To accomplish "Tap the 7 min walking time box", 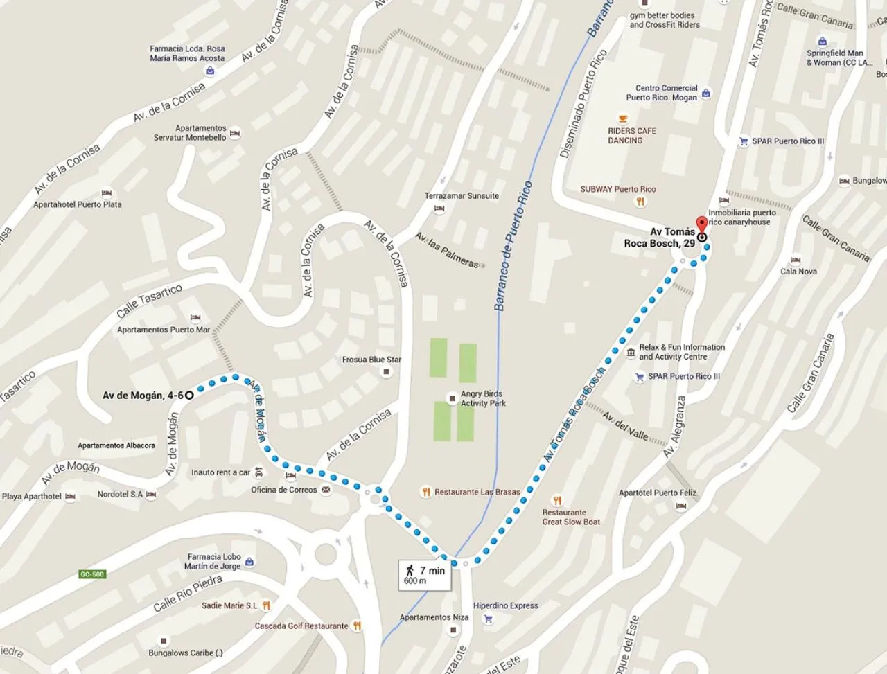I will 425,575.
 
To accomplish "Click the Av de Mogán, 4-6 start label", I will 143,396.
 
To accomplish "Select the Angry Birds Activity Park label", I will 483,398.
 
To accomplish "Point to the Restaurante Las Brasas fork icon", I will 426,492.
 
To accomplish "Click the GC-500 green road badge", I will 91,574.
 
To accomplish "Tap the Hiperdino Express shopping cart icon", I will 488,619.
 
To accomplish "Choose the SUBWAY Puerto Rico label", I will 617,189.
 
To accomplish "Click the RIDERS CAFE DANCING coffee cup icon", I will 622,118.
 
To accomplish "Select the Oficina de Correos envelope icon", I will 326,490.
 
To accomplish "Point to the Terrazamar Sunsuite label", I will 462,196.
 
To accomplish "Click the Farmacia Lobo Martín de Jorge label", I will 213,561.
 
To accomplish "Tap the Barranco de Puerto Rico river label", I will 513,246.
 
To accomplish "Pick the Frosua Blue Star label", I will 371,360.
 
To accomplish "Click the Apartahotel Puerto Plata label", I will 78,204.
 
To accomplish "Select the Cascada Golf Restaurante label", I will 301,626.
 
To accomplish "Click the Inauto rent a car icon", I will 258,472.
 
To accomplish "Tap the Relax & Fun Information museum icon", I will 631,353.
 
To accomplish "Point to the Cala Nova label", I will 798,272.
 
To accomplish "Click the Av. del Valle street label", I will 624,426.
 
